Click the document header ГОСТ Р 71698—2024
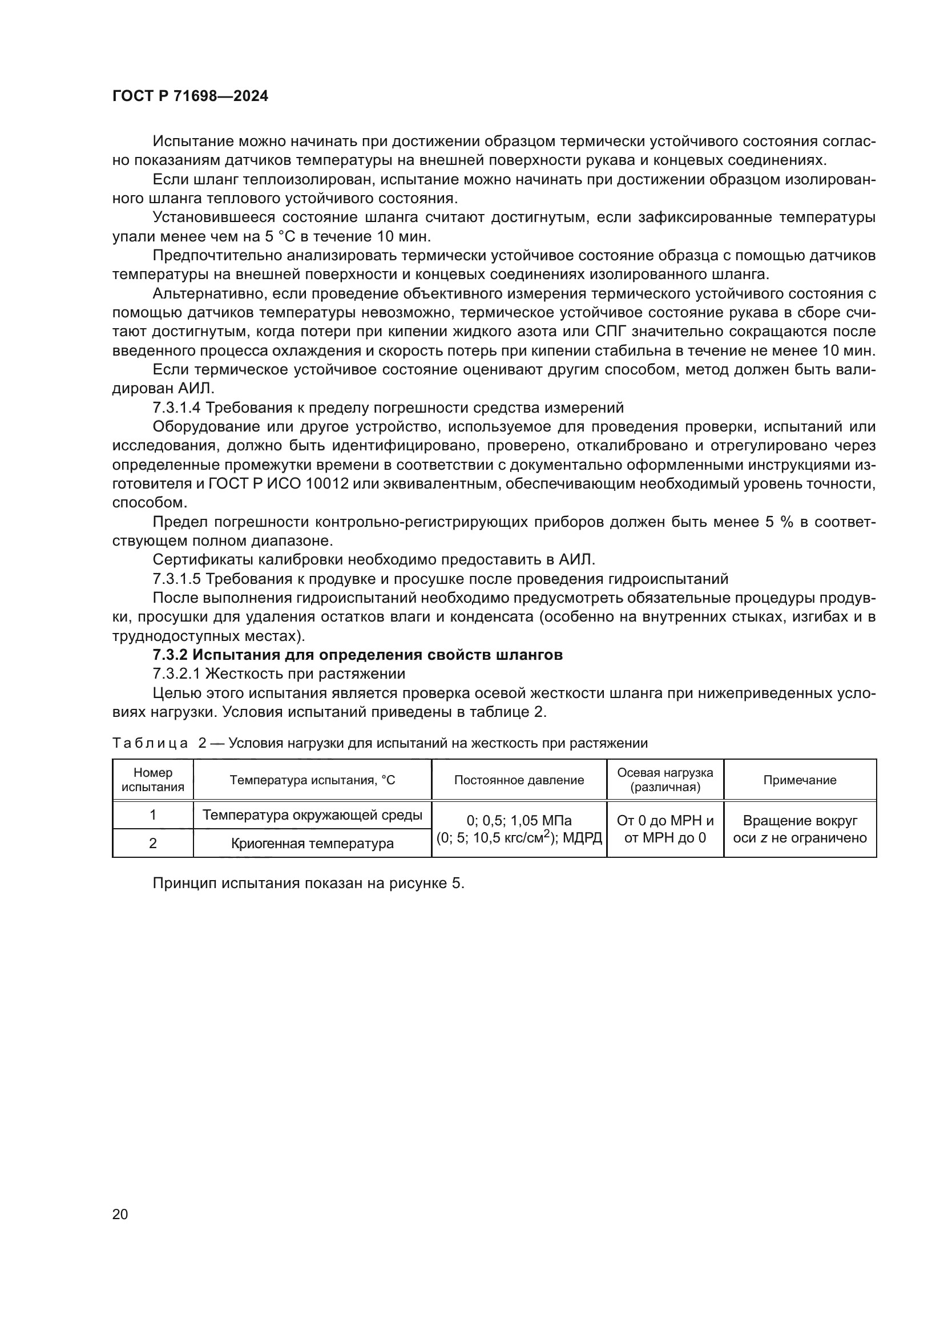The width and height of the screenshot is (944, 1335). click(190, 96)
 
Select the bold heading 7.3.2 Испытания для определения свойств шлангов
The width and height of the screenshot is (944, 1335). click(357, 655)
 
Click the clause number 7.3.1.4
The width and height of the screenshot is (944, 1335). click(176, 408)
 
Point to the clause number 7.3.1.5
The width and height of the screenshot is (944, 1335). click(176, 579)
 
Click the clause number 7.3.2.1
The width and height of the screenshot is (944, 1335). click(176, 674)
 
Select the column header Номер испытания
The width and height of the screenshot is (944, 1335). click(153, 780)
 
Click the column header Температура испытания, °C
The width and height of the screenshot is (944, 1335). click(312, 780)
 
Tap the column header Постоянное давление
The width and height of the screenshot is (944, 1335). click(518, 780)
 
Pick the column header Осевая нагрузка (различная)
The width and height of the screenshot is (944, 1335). click(665, 780)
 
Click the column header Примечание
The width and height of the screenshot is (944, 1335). click(799, 780)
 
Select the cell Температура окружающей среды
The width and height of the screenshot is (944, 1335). click(312, 815)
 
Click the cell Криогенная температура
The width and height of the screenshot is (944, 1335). click(312, 843)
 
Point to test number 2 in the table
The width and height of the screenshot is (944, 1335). click(153, 843)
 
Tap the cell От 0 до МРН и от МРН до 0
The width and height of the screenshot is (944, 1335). click(665, 829)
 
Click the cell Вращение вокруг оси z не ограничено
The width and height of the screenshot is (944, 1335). click(799, 829)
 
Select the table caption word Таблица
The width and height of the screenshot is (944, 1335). click(150, 743)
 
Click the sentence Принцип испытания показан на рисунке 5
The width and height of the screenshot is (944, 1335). click(308, 883)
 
